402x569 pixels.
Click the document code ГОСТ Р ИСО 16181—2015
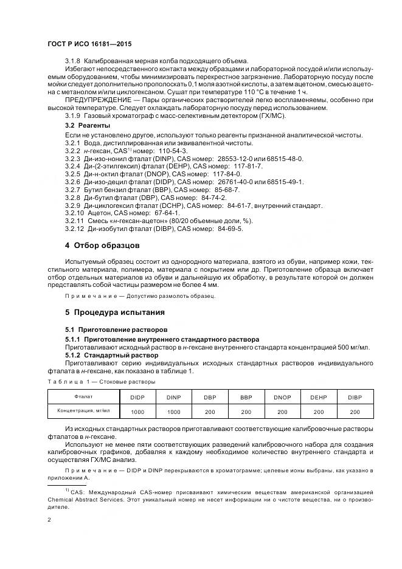coord(89,45)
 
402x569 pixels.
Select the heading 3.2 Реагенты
coord(88,125)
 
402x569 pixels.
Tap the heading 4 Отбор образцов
coord(102,246)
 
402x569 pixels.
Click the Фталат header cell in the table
coord(84,396)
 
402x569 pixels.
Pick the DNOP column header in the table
coord(282,397)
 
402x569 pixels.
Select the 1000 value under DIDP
coord(137,412)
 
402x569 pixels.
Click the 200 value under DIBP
coord(354,412)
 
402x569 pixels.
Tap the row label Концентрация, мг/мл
coord(84,411)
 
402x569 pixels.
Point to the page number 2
coord(49,520)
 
